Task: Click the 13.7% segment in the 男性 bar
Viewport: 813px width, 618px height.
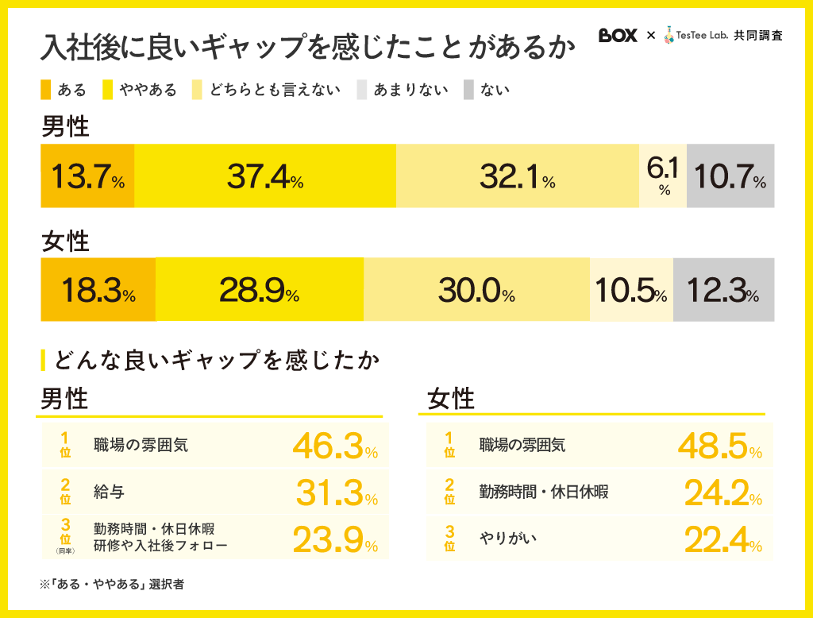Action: click(87, 176)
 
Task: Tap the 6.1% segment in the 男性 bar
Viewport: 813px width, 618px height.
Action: click(663, 176)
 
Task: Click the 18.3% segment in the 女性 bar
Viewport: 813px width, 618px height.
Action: click(98, 290)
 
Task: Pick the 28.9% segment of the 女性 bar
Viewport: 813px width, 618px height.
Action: click(259, 290)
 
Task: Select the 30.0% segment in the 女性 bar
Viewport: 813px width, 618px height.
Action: click(476, 290)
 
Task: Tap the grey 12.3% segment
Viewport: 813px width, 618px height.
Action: click(723, 290)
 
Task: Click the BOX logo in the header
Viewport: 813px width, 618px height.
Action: click(618, 36)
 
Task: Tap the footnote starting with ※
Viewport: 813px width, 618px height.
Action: click(112, 584)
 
